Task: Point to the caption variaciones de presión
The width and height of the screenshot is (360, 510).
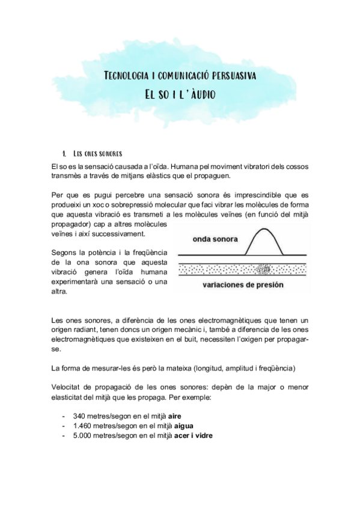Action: (x=242, y=284)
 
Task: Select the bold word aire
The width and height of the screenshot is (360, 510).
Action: (x=175, y=416)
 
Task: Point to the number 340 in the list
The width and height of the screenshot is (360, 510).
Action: (x=79, y=416)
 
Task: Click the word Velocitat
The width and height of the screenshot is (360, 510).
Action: (x=67, y=387)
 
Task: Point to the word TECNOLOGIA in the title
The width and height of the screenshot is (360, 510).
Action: (x=128, y=76)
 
